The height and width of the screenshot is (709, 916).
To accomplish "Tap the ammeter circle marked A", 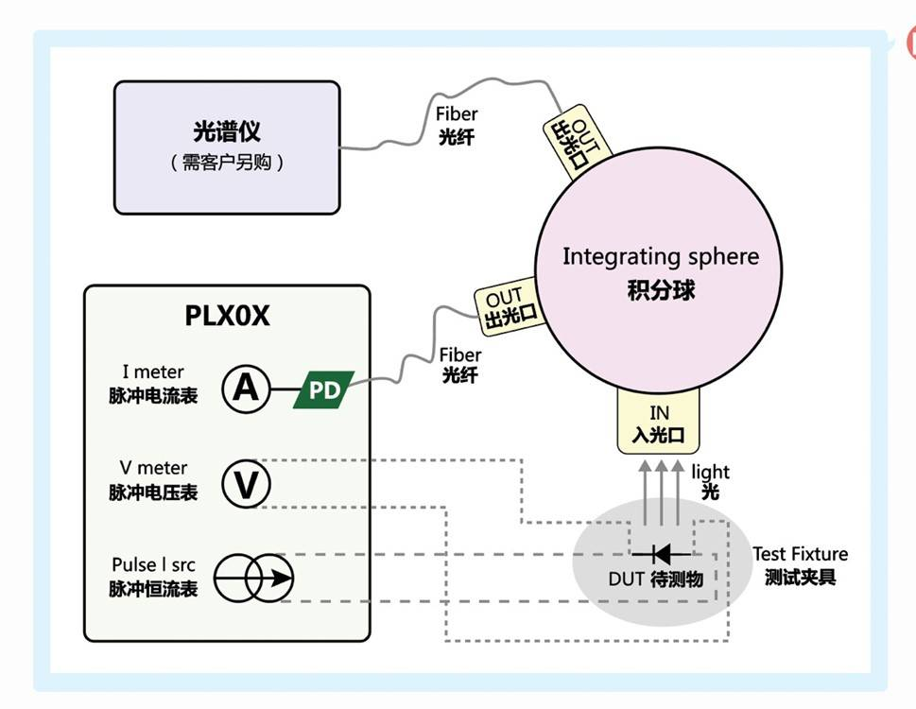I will coord(246,389).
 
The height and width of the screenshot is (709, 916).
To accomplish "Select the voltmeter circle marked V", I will coord(246,485).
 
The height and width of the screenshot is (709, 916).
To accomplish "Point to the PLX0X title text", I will coord(227,316).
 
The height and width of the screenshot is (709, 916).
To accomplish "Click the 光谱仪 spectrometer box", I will coord(227,147).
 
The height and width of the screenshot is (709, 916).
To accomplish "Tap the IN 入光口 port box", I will coord(659,424).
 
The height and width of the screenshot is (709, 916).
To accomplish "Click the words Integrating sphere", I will coord(660,256).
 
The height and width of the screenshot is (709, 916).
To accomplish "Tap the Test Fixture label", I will coord(800,554).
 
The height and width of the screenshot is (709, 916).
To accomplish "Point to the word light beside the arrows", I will coord(710,472).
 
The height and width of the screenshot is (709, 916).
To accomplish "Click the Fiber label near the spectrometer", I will coord(457,114).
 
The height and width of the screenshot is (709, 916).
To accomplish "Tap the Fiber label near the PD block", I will coord(460,355).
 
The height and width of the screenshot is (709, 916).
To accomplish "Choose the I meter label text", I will coord(153,372).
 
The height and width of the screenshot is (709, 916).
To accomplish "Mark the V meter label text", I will coord(153,468).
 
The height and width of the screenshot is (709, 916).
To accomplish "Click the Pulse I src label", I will coord(153,565).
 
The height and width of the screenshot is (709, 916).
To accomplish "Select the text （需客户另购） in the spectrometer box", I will coord(227,163).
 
